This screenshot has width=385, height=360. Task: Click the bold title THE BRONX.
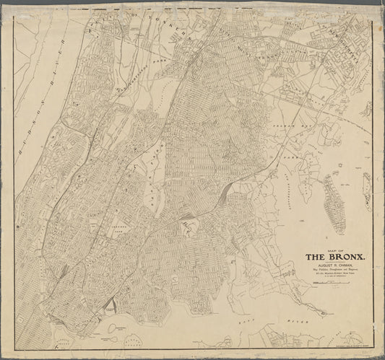pos(335,257)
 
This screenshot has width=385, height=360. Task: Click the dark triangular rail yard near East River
pos(109,306)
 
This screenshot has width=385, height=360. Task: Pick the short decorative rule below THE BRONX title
pos(335,262)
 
